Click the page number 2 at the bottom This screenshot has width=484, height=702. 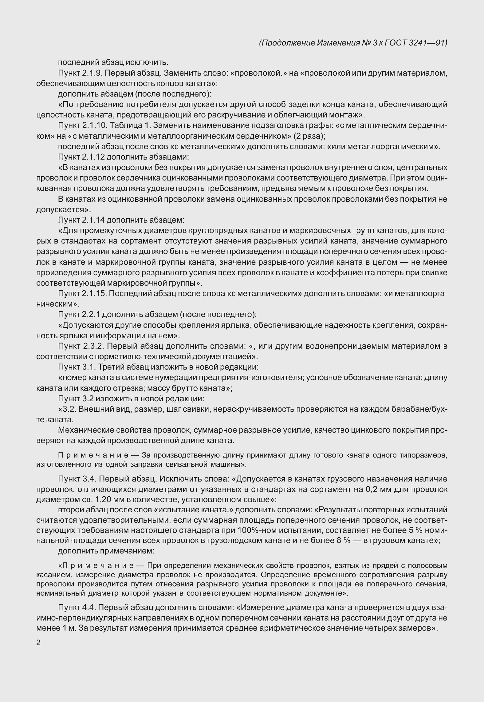coord(38,643)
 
